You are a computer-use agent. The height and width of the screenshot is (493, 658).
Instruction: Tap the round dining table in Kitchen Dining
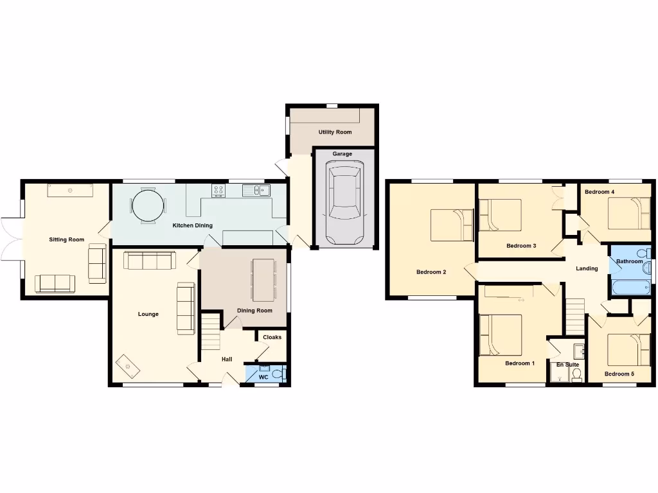(148, 206)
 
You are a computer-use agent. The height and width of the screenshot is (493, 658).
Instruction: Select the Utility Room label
(335, 132)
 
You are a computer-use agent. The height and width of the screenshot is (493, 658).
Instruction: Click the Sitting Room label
(67, 239)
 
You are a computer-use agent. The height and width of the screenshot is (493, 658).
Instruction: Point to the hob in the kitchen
(218, 190)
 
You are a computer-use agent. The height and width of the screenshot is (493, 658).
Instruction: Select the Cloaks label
(272, 337)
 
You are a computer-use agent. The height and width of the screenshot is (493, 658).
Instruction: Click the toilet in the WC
(277, 373)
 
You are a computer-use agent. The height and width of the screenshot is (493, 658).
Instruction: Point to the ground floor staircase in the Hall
(211, 331)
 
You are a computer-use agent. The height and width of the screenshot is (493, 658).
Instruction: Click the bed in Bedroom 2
(452, 225)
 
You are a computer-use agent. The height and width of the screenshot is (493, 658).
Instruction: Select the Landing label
(587, 268)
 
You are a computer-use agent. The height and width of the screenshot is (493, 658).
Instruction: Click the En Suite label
(567, 365)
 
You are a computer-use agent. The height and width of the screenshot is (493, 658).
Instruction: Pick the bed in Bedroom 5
(629, 349)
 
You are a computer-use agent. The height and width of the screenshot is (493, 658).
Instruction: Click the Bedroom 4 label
(600, 192)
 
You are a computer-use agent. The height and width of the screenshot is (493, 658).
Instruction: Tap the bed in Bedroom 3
(501, 214)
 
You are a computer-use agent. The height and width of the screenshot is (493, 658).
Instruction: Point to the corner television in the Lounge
(127, 367)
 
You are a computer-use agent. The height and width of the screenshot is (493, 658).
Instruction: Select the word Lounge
(148, 314)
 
